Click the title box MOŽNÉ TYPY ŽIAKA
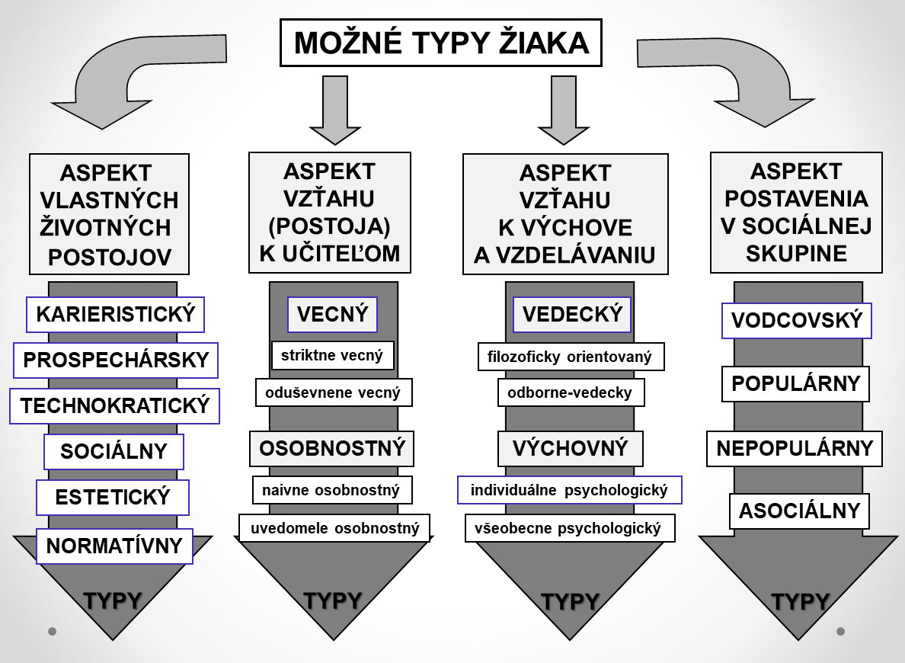point(441,43)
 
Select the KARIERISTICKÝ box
point(116,315)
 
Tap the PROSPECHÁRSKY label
point(116,360)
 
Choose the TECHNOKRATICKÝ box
point(115,406)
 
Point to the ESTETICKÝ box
point(113,497)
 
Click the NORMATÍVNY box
point(114,546)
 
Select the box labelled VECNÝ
point(332,315)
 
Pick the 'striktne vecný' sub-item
point(332,355)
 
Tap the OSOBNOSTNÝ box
point(332,449)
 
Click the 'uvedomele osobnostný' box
point(334,528)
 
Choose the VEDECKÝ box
point(572,315)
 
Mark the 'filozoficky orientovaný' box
point(571,357)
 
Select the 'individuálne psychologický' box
point(570,490)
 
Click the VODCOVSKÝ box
point(797,321)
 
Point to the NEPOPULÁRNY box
point(795,449)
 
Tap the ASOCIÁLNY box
point(799,511)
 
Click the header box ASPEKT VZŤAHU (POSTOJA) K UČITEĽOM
point(330,213)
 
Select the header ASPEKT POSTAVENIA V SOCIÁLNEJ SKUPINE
point(797,213)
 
